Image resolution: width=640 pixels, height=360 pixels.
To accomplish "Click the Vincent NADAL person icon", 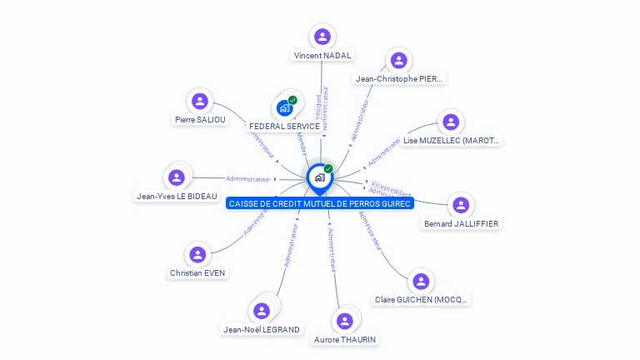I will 322,37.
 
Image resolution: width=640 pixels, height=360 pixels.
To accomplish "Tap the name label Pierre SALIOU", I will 197,120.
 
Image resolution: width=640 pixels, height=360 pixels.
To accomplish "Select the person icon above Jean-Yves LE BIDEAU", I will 177,177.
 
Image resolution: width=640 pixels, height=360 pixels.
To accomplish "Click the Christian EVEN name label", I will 197,272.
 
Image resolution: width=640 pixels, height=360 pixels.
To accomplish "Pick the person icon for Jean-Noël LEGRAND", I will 262,311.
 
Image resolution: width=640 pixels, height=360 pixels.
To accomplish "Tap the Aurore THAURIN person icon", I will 345,321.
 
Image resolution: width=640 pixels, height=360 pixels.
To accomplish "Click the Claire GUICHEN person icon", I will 421,281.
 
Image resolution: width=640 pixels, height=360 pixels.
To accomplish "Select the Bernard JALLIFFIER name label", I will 461,223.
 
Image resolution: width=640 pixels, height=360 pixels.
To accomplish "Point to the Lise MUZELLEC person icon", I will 451,122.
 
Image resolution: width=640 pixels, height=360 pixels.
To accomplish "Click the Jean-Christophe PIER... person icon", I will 399,60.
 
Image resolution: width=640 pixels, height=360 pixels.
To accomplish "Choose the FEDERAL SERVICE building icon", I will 285,107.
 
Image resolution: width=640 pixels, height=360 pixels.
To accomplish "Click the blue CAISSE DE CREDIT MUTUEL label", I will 320,204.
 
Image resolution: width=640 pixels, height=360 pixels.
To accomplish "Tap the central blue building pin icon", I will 320,177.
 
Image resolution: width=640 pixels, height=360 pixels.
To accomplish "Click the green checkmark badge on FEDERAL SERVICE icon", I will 292,100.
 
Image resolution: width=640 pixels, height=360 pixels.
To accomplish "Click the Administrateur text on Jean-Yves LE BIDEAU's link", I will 248,179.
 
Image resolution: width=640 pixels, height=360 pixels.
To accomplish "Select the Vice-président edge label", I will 391,187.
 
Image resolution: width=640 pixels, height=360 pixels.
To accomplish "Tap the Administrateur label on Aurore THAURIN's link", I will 332,249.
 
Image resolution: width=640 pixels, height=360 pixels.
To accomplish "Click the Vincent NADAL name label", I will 322,56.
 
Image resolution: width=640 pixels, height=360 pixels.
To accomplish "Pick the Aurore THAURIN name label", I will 345,340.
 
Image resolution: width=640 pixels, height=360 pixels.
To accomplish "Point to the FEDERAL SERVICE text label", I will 284,127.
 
